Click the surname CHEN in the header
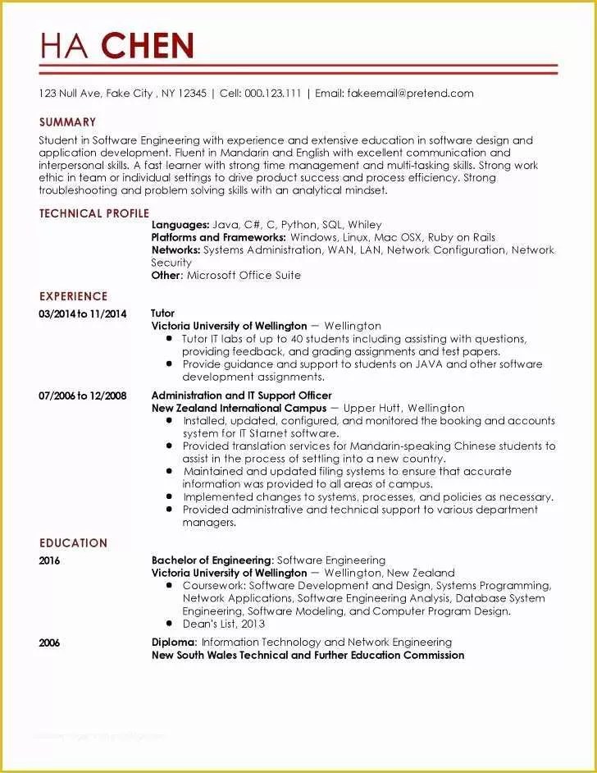click(x=148, y=45)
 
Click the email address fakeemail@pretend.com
click(x=410, y=94)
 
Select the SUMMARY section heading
click(x=67, y=122)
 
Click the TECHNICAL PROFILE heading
click(x=93, y=213)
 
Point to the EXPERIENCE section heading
click(x=73, y=296)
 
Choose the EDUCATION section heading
click(x=73, y=542)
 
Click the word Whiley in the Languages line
click(x=365, y=225)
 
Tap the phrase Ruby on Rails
click(x=461, y=237)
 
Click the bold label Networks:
click(x=175, y=250)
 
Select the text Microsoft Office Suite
click(x=244, y=276)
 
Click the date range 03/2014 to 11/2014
click(x=83, y=314)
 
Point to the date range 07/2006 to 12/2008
click(x=83, y=396)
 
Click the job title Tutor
click(x=162, y=313)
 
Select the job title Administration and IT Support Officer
click(x=241, y=396)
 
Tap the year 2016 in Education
click(x=49, y=560)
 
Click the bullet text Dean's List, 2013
click(x=224, y=623)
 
